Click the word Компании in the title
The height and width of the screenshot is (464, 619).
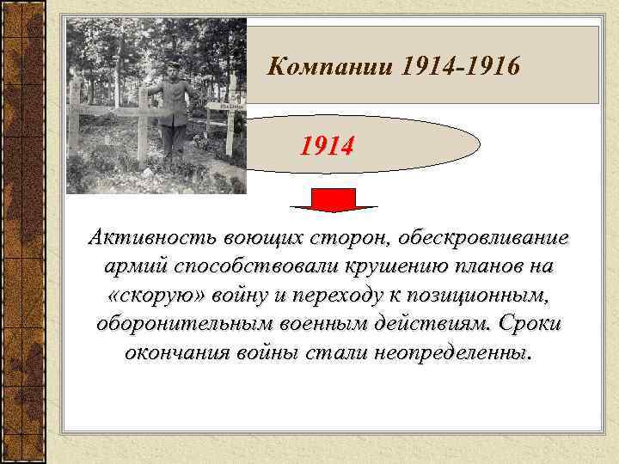(328, 65)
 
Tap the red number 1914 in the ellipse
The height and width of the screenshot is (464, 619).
(326, 147)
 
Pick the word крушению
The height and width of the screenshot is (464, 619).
(382, 266)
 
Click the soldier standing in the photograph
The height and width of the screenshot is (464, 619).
(173, 112)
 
